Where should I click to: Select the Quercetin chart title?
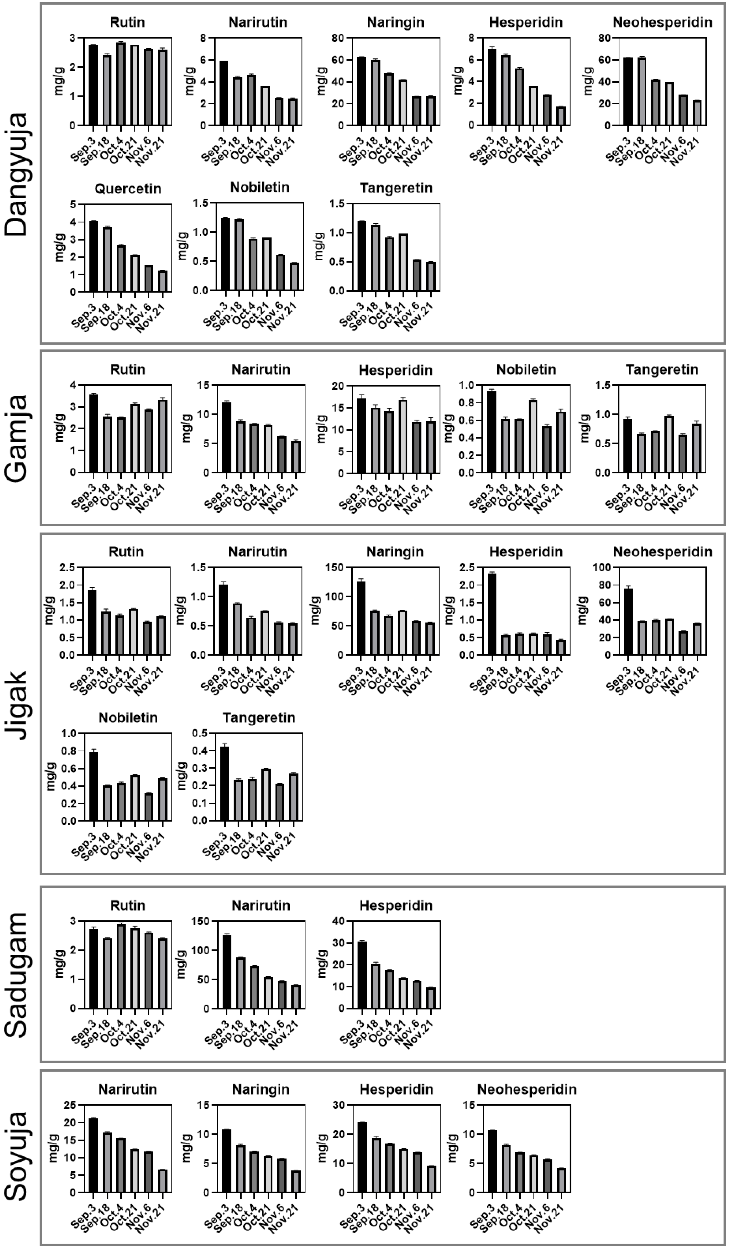pyautogui.click(x=128, y=189)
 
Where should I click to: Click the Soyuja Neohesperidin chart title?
pyautogui.click(x=527, y=1090)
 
